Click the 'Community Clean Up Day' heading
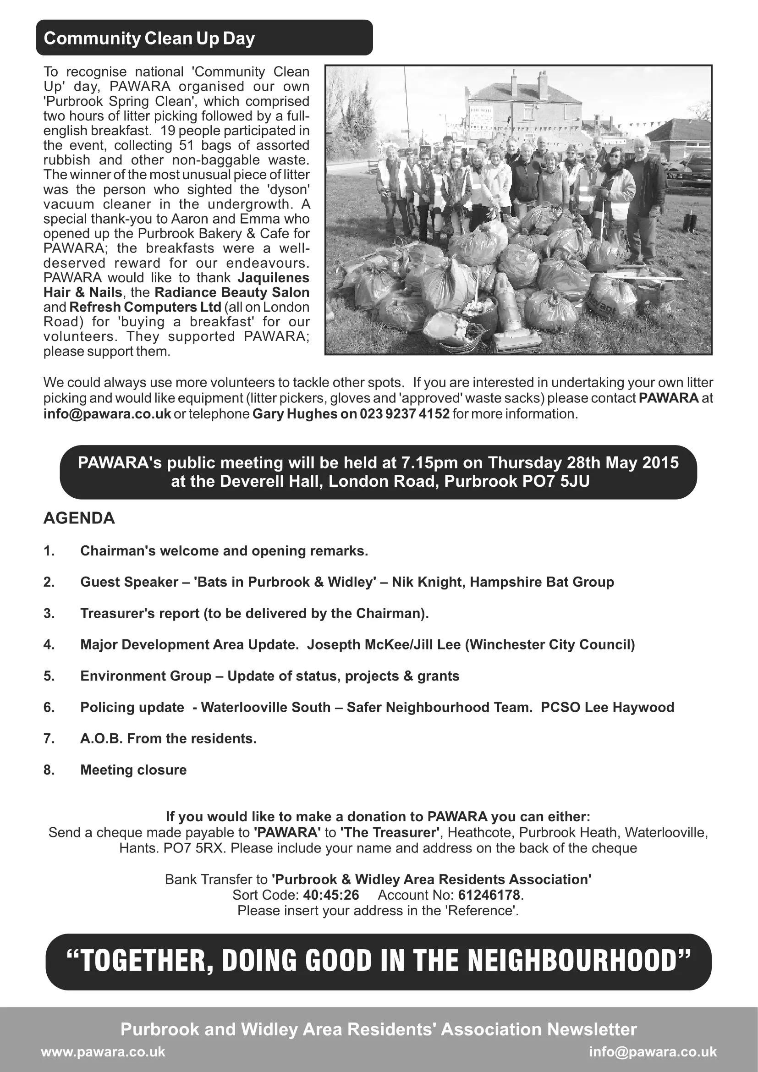[149, 38]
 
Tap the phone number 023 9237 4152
[404, 414]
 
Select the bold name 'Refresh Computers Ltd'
[145, 307]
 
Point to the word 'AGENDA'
[79, 518]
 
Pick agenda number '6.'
[49, 707]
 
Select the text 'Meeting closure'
[133, 770]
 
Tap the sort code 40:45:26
[331, 895]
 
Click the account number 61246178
[489, 895]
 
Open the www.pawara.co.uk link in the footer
[103, 1052]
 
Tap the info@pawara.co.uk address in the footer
[653, 1052]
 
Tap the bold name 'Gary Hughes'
[295, 414]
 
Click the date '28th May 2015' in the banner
[623, 463]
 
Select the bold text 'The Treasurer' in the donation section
[390, 832]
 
